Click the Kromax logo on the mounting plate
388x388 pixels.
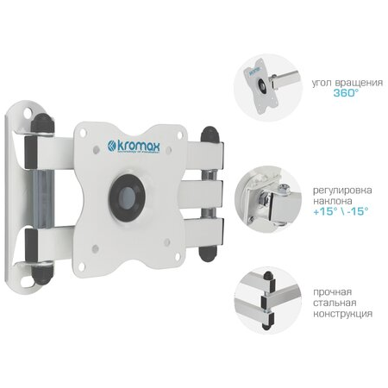pyautogui.click(x=134, y=147)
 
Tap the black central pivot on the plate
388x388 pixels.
pyautogui.click(x=127, y=196)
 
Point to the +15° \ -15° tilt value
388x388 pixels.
pyautogui.click(x=341, y=211)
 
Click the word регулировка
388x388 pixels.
pyautogui.click(x=342, y=191)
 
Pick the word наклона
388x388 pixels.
pyautogui.click(x=332, y=201)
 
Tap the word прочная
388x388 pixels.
pyautogui.click(x=332, y=292)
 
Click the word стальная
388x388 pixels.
pyautogui.click(x=335, y=303)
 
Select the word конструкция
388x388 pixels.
pyautogui.click(x=342, y=314)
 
